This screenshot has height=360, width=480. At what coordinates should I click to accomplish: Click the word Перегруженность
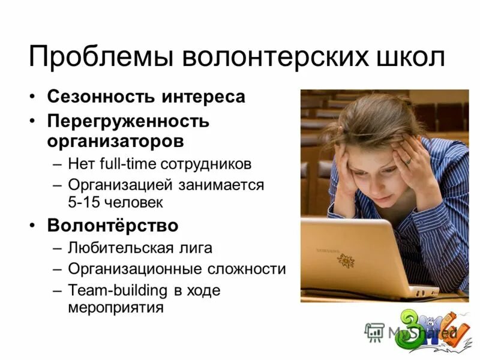[128, 121]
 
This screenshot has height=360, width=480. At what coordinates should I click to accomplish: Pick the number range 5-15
[84, 202]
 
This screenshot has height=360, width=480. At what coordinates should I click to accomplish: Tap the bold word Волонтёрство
[113, 226]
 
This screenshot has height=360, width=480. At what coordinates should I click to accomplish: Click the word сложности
[250, 269]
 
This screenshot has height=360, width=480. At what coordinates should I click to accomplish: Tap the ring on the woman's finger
[407, 161]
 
